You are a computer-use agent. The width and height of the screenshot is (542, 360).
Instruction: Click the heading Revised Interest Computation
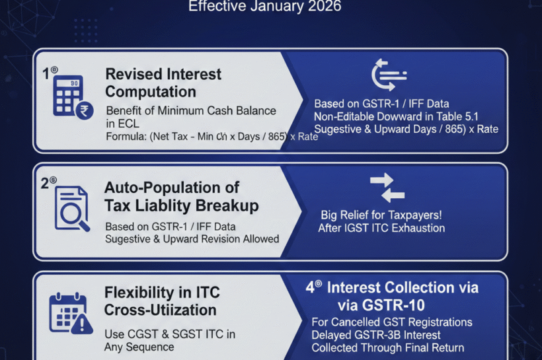pyautogui.click(x=163, y=83)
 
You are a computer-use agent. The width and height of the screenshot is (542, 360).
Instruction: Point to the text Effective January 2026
pyautogui.click(x=266, y=7)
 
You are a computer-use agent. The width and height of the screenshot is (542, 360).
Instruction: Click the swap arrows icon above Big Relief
pyautogui.click(x=387, y=187)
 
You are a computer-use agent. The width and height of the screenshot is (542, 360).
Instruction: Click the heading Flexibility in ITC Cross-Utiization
pyautogui.click(x=160, y=301)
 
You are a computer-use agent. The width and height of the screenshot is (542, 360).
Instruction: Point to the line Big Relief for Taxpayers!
pyautogui.click(x=382, y=215)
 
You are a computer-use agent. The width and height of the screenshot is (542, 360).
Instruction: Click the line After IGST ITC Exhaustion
pyautogui.click(x=382, y=229)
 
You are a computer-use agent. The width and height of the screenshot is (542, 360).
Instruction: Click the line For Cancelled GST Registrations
pyautogui.click(x=392, y=322)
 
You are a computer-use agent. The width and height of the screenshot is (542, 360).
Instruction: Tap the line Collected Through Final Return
pyautogui.click(x=388, y=347)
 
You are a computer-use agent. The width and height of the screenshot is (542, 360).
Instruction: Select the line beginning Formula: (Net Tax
pyautogui.click(x=212, y=137)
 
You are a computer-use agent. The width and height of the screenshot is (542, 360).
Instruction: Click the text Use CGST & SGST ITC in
pyautogui.click(x=169, y=334)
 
